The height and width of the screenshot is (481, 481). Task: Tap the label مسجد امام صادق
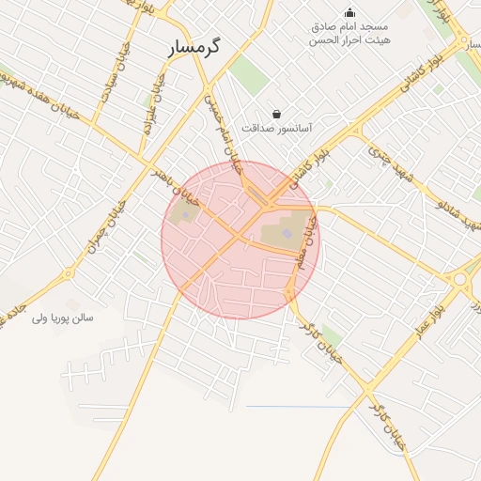pyautogui.click(x=350, y=27)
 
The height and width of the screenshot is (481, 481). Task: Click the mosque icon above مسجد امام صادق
pyautogui.click(x=350, y=12)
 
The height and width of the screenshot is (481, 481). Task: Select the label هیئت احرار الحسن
pyautogui.click(x=351, y=41)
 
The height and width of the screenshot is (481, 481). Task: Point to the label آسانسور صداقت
pyautogui.click(x=277, y=126)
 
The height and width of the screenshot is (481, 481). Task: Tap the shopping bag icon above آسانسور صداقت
pyautogui.click(x=276, y=113)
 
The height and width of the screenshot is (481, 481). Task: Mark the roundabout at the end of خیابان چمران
pyautogui.click(x=69, y=274)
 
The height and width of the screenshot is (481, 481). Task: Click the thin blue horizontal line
pyautogui.click(x=299, y=406)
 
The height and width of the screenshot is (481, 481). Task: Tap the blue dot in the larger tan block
pyautogui.click(x=287, y=233)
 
